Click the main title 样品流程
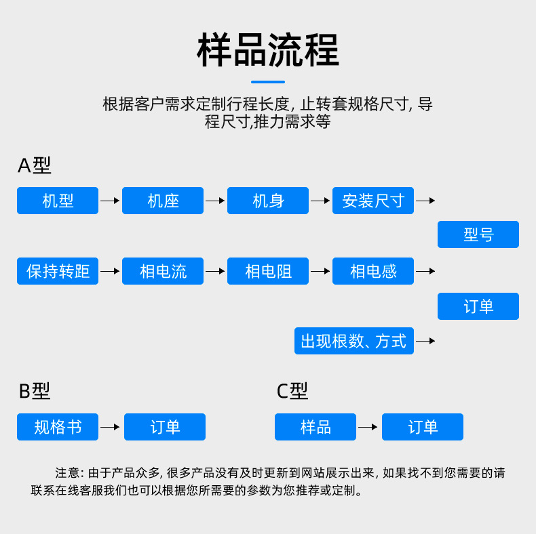(x=267, y=50)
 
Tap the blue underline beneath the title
(x=267, y=82)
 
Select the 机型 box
(x=58, y=201)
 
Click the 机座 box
(x=163, y=201)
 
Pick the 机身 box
(x=268, y=201)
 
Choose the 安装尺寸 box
(x=373, y=201)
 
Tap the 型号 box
(x=478, y=234)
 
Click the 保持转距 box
(x=58, y=271)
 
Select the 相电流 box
(x=163, y=271)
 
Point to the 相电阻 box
(x=268, y=271)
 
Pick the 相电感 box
(x=373, y=271)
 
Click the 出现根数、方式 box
(x=354, y=341)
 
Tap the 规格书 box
(x=58, y=427)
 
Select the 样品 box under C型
(x=315, y=427)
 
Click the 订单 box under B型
(x=165, y=427)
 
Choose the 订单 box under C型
(x=423, y=427)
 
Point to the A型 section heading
(x=35, y=165)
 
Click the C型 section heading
(x=292, y=391)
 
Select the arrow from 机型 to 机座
(x=110, y=201)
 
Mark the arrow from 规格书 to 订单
(x=111, y=427)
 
